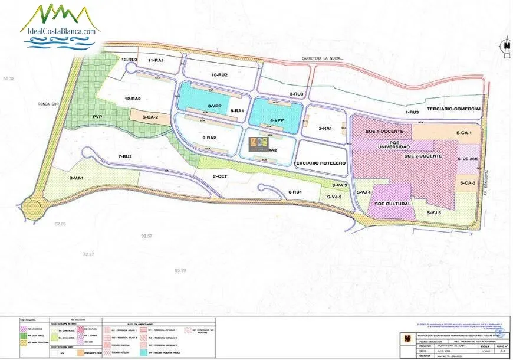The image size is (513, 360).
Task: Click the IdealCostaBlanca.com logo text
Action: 60,31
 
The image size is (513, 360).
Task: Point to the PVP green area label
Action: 98,117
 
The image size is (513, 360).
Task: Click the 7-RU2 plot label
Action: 124,156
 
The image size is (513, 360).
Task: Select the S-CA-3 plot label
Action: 467,183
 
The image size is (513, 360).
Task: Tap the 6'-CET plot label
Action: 220,176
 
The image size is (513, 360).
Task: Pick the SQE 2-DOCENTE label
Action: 423,155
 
